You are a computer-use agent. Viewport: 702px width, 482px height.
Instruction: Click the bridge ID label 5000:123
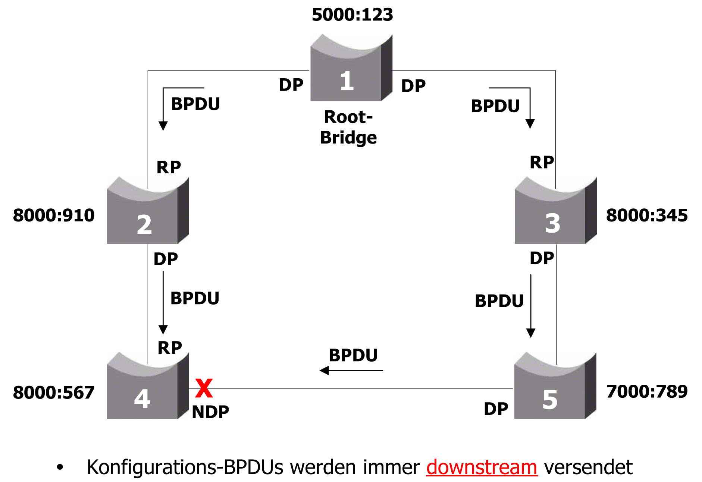[352, 15]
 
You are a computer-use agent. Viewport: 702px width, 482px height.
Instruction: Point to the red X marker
[204, 388]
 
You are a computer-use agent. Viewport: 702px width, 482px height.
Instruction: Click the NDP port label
[210, 412]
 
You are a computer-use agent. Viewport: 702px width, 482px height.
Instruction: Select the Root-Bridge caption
[348, 127]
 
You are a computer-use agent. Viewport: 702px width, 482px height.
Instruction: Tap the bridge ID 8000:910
[54, 215]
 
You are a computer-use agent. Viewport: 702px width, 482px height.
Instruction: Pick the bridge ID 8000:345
[647, 215]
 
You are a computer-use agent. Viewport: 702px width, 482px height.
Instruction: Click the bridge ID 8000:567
[54, 393]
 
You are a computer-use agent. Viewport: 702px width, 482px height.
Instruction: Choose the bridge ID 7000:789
[647, 391]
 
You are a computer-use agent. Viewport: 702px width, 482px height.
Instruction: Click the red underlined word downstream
[482, 467]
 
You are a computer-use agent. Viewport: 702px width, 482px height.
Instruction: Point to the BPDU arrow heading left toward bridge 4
[351, 370]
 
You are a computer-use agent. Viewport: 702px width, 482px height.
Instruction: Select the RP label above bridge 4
[170, 348]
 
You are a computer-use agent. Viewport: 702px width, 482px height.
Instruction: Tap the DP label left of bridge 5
[496, 409]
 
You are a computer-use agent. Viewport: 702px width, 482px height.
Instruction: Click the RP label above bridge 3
[542, 163]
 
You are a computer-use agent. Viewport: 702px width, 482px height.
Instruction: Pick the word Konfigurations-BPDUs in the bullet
[185, 467]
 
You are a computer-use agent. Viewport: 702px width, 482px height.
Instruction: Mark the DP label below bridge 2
[166, 259]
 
